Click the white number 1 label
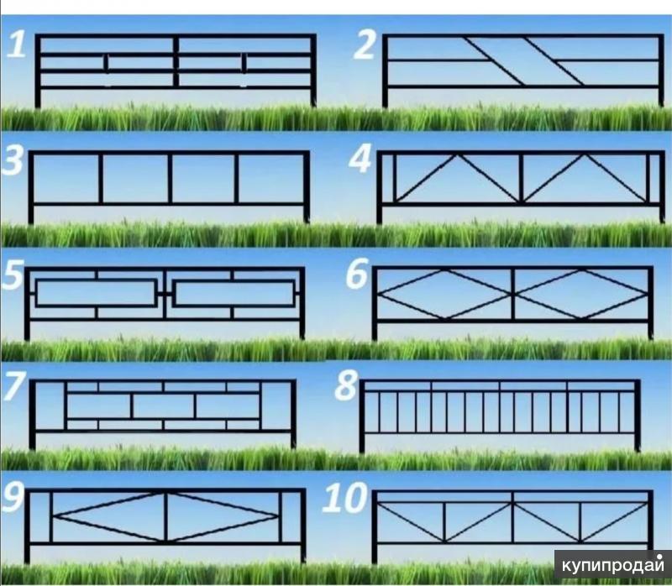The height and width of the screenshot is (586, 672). tap(17, 44)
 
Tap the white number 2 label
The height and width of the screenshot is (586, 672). tap(365, 44)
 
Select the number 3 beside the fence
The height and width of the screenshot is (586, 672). tap(13, 161)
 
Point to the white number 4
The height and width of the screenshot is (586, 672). tap(361, 159)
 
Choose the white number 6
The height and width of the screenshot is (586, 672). tap(357, 275)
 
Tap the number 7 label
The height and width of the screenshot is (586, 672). tap(14, 385)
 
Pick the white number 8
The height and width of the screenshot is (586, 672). tap(346, 385)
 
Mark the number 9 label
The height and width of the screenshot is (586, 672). tap(13, 497)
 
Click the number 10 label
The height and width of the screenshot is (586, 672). tap(345, 498)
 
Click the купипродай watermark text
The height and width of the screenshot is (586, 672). tap(613, 566)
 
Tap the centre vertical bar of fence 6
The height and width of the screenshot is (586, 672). tap(512, 295)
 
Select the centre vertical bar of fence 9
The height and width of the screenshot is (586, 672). tap(165, 517)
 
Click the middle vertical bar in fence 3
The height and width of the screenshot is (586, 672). tap(171, 178)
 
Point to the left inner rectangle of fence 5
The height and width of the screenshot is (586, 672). tap(96, 293)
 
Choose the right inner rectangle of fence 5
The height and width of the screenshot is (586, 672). tap(234, 293)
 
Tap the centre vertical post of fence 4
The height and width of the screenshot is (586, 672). tap(521, 178)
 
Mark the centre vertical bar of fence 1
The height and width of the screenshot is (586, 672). tap(176, 62)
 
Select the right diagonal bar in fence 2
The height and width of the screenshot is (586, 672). tap(554, 60)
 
